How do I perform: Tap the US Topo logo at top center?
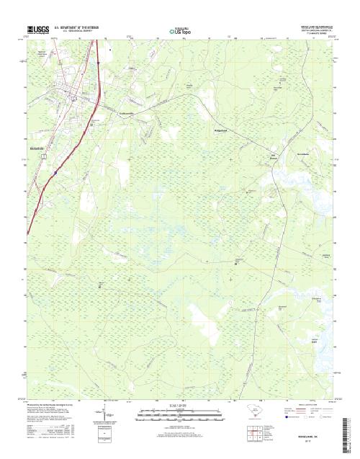tap(180, 31)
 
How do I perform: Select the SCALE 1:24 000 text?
tap(180, 406)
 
